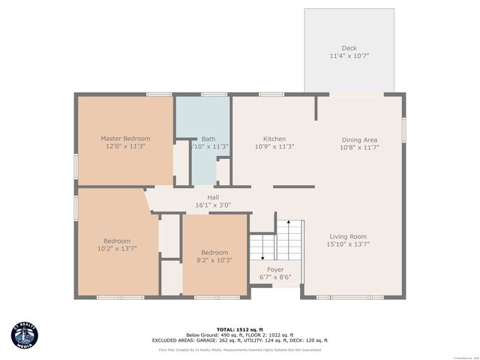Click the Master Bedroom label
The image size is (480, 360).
(x=125, y=138)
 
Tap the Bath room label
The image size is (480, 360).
(x=208, y=139)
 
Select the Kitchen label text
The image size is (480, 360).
(x=274, y=139)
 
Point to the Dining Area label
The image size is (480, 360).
(x=359, y=139)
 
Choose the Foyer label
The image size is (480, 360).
(x=275, y=269)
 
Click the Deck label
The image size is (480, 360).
(x=349, y=48)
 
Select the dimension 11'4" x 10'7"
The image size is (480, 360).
(x=349, y=56)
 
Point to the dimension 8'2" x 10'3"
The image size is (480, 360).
(x=214, y=260)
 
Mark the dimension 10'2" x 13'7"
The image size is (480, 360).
(x=117, y=248)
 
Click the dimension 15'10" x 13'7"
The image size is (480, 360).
(x=348, y=244)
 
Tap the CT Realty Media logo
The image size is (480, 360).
(x=26, y=336)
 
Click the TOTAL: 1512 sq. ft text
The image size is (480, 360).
(x=239, y=329)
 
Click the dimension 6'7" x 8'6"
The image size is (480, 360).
(x=275, y=277)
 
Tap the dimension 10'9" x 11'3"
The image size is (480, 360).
(x=274, y=147)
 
